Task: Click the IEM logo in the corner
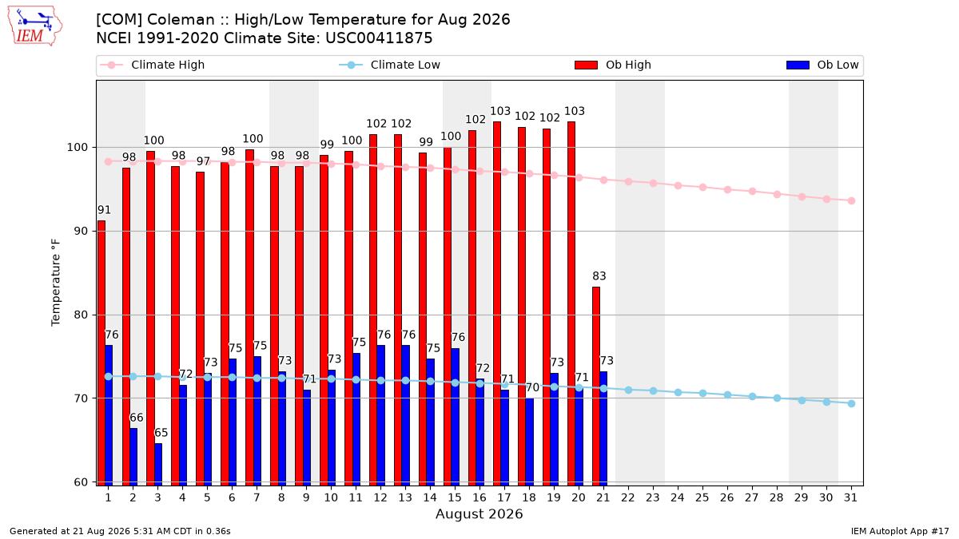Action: point(35,26)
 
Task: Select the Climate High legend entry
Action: point(153,65)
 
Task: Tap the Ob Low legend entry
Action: point(822,65)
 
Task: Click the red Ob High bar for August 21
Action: point(596,386)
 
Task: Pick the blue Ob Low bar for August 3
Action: point(158,465)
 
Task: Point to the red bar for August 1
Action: point(101,353)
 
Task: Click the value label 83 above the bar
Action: point(599,276)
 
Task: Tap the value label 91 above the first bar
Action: point(104,210)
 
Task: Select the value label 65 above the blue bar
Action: point(161,433)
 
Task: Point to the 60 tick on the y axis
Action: point(79,482)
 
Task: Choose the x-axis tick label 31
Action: point(850,497)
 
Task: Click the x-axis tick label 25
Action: point(702,497)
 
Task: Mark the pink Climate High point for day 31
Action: point(851,200)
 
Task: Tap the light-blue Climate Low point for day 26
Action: point(727,394)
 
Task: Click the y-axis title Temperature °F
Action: point(56,283)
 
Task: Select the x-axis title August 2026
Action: point(479,513)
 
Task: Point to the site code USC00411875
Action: point(379,38)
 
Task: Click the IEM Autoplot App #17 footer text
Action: point(900,531)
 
